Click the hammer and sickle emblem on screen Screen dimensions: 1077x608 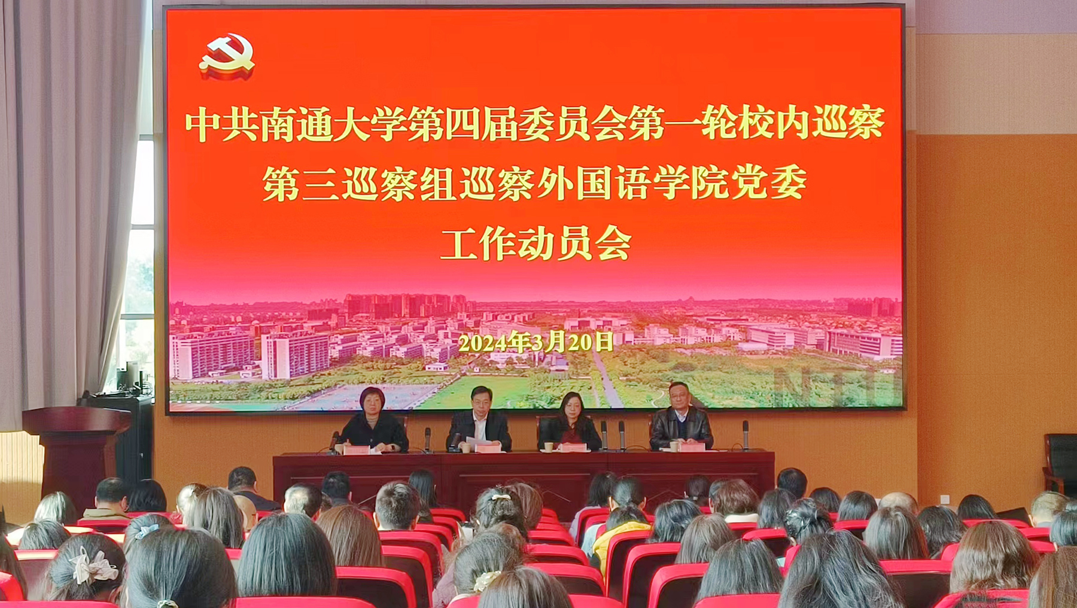point(227,56)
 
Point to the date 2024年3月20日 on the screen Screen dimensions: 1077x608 point(536,342)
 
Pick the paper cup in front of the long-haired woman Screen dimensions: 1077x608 point(549,446)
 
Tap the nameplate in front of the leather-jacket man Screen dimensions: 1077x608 point(693,447)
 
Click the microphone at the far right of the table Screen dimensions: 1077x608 point(746,434)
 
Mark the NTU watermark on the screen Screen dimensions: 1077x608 point(838,386)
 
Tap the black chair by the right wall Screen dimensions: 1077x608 point(1060,464)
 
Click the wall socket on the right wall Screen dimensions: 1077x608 point(944,498)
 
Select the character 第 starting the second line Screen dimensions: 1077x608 point(281,183)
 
